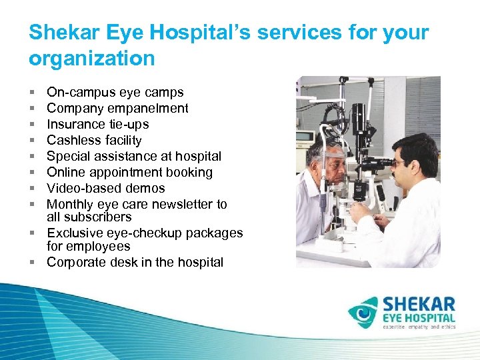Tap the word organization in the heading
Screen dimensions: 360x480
point(91,59)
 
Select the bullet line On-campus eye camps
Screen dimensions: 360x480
point(115,93)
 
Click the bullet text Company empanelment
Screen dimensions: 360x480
point(117,109)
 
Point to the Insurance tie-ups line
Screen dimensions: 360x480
point(97,125)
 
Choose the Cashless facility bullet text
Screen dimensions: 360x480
point(94,141)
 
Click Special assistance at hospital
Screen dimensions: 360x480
point(133,157)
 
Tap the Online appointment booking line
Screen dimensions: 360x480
point(129,173)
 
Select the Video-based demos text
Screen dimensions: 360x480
point(105,189)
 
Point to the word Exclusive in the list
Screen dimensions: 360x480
point(73,233)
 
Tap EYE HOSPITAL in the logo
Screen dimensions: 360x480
point(418,319)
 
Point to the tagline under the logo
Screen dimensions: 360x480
point(418,328)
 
